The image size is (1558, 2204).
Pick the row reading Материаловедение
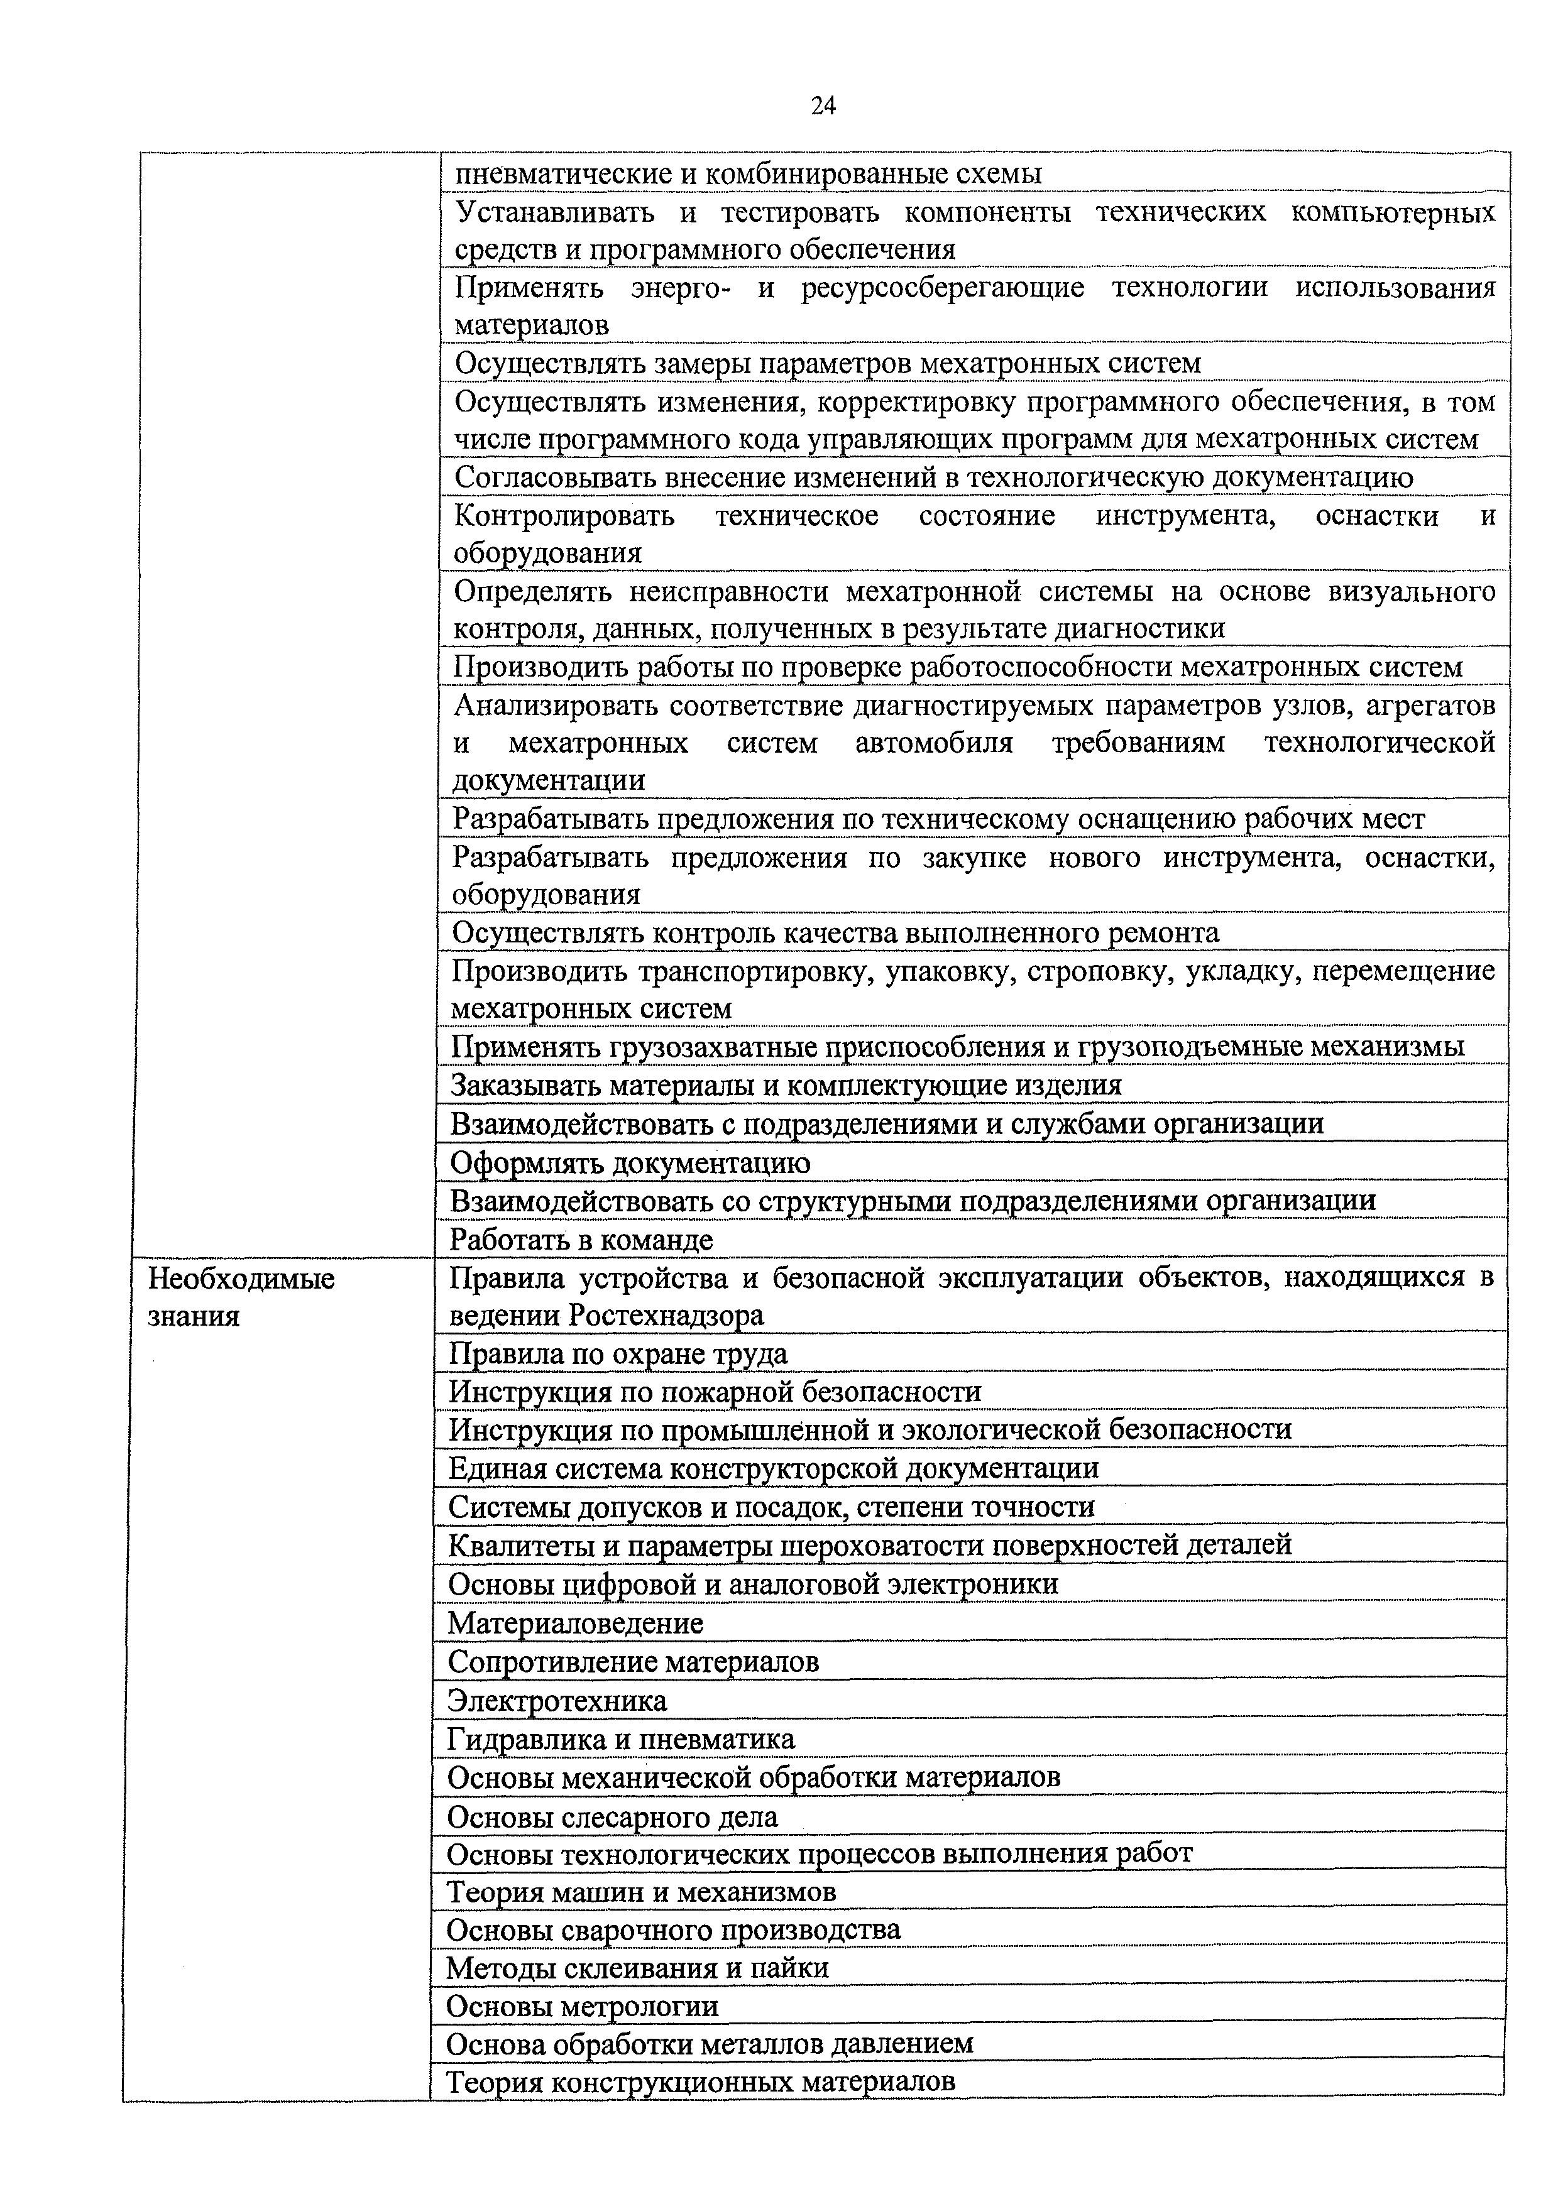(575, 1624)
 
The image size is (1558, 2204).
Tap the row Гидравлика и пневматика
(621, 1740)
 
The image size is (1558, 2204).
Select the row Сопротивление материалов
(634, 1662)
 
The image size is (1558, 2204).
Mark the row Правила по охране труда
(618, 1355)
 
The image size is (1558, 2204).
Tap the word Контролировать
(564, 516)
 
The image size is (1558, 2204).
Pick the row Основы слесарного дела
(612, 1817)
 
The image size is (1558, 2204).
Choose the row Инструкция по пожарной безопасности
(715, 1392)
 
